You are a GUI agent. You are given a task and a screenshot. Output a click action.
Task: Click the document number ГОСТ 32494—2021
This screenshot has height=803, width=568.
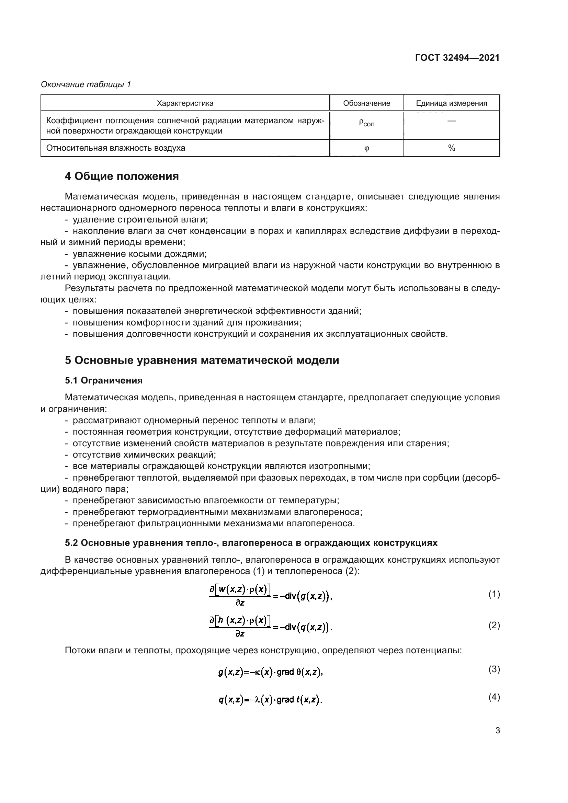pyautogui.click(x=457, y=58)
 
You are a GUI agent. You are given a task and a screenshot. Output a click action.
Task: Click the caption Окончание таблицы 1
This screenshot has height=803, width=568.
pyautogui.click(x=86, y=84)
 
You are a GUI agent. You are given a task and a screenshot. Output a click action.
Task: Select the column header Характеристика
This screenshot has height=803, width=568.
pyautogui.click(x=185, y=103)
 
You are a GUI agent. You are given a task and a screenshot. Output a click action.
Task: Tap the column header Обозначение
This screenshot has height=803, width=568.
pyautogui.click(x=366, y=103)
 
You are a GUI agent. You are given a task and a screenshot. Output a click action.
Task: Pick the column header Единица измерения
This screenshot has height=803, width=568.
pyautogui.click(x=451, y=103)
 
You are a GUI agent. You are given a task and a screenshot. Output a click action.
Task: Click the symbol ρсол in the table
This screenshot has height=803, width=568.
pyautogui.click(x=366, y=123)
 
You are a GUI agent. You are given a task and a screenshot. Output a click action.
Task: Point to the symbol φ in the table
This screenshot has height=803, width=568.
pyautogui.click(x=366, y=148)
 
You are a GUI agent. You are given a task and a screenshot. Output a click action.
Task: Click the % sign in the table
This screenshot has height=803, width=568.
pyautogui.click(x=452, y=148)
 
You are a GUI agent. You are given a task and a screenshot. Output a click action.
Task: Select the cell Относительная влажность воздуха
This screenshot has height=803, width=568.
pyautogui.click(x=116, y=148)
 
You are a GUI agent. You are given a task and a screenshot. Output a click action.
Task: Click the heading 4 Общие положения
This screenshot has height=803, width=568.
pyautogui.click(x=122, y=176)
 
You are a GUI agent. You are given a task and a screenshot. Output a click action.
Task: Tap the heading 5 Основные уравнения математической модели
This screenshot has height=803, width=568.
pyautogui.click(x=202, y=360)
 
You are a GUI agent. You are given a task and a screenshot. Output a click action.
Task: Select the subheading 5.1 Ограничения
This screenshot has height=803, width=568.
pyautogui.click(x=103, y=380)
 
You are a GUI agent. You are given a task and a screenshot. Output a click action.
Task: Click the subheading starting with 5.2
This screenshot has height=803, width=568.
pyautogui.click(x=251, y=543)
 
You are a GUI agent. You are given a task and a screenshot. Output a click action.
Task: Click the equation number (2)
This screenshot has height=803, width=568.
pyautogui.click(x=494, y=625)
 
